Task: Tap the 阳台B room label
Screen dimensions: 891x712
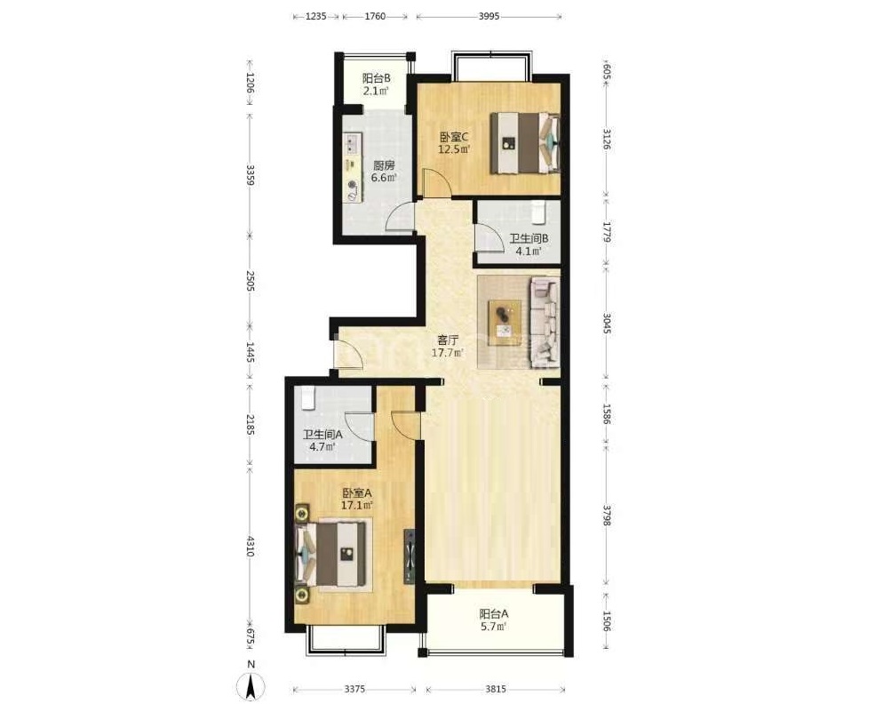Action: (376, 78)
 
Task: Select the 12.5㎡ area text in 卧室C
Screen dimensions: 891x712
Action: (454, 149)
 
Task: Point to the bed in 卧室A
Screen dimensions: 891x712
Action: (330, 555)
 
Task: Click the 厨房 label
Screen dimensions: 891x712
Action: (384, 165)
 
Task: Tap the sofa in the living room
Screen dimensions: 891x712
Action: (545, 321)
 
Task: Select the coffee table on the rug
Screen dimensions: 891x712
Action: (505, 322)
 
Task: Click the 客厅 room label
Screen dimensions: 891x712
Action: (448, 340)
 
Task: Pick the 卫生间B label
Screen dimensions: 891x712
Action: (529, 239)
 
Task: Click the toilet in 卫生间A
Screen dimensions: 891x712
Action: (307, 398)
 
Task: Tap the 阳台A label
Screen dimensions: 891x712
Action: (494, 614)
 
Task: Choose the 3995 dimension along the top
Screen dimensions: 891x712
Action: (489, 16)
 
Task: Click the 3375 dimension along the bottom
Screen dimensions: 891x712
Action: (354, 689)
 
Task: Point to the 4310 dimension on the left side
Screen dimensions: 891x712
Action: (250, 546)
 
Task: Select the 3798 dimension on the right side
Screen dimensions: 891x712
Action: (607, 515)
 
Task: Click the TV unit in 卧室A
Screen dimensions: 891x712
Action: (410, 556)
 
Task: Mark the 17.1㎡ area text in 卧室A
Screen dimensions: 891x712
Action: (357, 505)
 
